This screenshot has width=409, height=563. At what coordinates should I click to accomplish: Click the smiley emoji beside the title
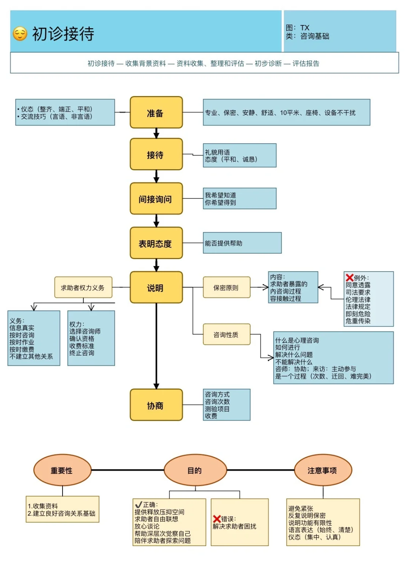point(20,34)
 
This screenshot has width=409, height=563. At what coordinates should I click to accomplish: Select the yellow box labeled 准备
point(156,113)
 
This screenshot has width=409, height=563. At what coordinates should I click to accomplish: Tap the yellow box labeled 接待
point(156,154)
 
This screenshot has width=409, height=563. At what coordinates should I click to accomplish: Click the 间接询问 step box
point(156,199)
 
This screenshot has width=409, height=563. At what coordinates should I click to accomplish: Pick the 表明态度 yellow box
point(156,243)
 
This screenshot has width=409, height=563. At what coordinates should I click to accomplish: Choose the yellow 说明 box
point(156,288)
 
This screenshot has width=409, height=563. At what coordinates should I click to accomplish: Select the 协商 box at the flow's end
point(156,405)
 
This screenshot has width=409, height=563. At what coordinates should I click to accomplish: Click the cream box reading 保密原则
point(226,288)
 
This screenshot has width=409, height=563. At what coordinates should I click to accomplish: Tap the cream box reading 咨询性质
point(226,334)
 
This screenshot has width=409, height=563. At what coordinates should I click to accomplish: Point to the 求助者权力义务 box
point(83,288)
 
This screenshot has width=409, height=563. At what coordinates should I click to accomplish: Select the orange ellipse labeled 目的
point(195,470)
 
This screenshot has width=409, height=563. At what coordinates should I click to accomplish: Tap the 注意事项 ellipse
point(323,470)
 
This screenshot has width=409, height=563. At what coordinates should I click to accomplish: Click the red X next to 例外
point(350,278)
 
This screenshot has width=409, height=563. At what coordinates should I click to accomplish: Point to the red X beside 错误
point(217,519)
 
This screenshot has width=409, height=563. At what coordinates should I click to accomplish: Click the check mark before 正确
point(139,505)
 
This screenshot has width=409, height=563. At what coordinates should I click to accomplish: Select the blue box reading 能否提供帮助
point(242,243)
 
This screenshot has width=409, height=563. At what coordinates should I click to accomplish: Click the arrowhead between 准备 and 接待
point(156,135)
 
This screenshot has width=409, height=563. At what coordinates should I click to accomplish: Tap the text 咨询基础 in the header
point(315,36)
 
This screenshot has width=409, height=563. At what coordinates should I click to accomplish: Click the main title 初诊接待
point(63,34)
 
